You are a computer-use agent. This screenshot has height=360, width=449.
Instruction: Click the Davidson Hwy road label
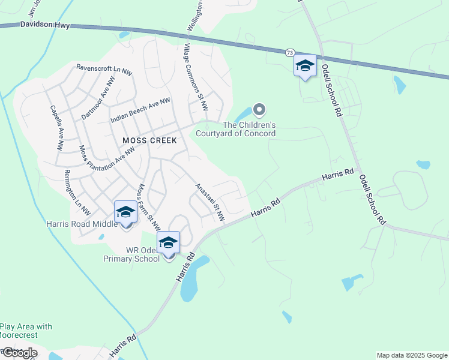(x=45, y=25)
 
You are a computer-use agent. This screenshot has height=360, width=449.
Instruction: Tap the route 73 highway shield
(x=290, y=53)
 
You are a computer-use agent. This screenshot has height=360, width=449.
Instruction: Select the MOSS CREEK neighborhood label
(x=149, y=140)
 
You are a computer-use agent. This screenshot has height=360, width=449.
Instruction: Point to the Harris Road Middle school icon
(x=125, y=213)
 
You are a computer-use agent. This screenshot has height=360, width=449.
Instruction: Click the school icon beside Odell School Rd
(x=305, y=66)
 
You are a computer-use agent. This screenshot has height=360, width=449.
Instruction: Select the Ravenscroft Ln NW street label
(x=104, y=69)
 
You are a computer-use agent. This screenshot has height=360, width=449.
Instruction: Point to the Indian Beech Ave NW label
(x=140, y=111)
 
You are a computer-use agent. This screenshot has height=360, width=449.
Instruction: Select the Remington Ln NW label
(x=77, y=193)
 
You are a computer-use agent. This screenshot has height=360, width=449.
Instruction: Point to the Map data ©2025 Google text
(x=412, y=355)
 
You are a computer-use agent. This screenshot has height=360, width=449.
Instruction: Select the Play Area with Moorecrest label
(x=26, y=331)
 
